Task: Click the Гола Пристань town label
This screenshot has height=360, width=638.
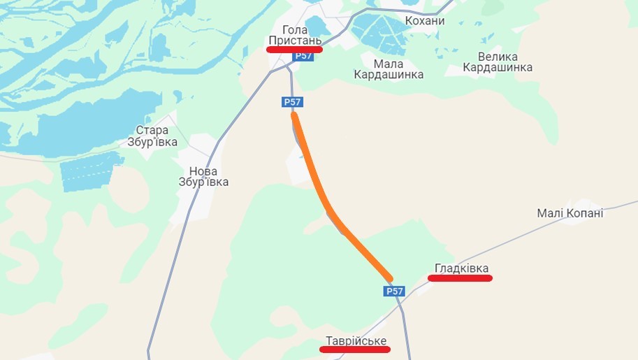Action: (295, 35)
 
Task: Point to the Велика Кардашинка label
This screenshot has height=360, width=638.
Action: (498, 62)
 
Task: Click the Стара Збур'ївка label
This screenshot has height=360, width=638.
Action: (152, 136)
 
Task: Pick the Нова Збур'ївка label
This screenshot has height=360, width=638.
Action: (203, 177)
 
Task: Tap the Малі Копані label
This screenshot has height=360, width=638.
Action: (570, 213)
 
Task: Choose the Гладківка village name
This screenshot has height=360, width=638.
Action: (461, 268)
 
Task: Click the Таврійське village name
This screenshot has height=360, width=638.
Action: (356, 340)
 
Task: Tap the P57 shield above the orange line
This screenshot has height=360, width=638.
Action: (292, 102)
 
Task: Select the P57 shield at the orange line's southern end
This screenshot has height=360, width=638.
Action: (394, 291)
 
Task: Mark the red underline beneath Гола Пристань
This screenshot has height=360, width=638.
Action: (295, 50)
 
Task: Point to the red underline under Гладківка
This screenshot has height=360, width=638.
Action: (460, 278)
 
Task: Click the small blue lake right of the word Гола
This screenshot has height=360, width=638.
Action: (317, 27)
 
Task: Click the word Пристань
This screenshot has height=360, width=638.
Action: (295, 41)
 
